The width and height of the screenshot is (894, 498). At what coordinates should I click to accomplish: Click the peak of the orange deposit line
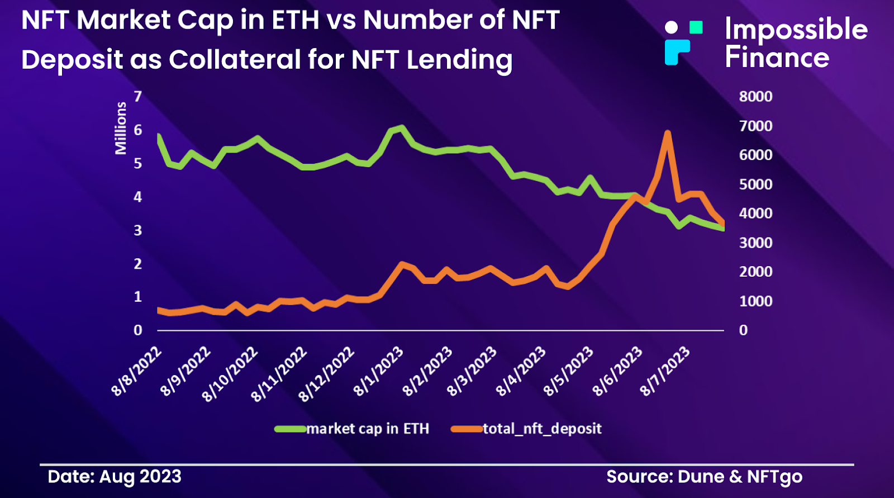667,134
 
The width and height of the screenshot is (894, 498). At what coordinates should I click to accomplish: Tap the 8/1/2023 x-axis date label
378,371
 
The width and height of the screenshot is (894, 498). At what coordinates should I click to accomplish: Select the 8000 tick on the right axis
755,96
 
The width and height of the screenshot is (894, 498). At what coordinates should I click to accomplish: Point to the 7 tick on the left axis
137,96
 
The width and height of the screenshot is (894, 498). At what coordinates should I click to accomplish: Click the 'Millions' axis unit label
121,128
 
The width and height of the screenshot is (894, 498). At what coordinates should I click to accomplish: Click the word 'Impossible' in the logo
796,29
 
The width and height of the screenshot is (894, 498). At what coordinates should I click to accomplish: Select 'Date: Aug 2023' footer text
115,477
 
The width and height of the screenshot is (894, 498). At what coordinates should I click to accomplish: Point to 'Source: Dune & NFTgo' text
704,477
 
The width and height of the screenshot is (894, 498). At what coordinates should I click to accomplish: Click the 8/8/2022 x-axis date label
136,371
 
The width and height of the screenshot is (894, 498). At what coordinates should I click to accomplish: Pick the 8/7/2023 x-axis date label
665,371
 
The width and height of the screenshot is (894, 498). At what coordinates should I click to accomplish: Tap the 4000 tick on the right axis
755,214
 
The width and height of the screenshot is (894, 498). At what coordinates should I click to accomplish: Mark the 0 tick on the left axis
137,330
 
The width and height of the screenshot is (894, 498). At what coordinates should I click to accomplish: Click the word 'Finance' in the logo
777,58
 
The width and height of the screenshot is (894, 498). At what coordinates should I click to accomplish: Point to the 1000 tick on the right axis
755,301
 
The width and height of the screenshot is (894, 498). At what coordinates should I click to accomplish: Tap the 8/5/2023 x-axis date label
568,371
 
